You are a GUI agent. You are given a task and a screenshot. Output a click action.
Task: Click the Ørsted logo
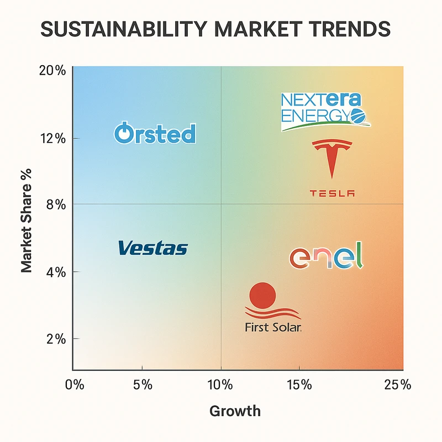(x=155, y=133)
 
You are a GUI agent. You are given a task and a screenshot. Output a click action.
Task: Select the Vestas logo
(x=153, y=248)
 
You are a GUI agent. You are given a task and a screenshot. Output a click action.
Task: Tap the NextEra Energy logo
(x=323, y=111)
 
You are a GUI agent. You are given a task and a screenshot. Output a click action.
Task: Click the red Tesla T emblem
(x=331, y=158)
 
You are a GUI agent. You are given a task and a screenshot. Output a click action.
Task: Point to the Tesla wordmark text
(x=331, y=193)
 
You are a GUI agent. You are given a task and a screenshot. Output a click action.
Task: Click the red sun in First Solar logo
(x=262, y=295)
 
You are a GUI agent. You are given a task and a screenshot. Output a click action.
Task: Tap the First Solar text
(x=273, y=328)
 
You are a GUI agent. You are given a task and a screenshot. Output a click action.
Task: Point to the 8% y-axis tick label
(x=55, y=204)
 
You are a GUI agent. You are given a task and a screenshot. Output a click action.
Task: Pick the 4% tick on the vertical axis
(x=55, y=272)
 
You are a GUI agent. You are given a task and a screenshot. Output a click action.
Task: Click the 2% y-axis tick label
(x=55, y=339)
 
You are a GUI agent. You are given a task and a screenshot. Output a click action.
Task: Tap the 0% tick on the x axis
(x=74, y=385)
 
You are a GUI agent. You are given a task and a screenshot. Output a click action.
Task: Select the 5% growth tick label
(x=143, y=385)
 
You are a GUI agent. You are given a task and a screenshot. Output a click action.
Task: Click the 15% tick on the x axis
(x=299, y=385)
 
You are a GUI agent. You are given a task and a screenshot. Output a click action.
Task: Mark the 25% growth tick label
(x=398, y=385)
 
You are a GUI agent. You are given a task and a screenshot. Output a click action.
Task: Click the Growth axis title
(x=235, y=411)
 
